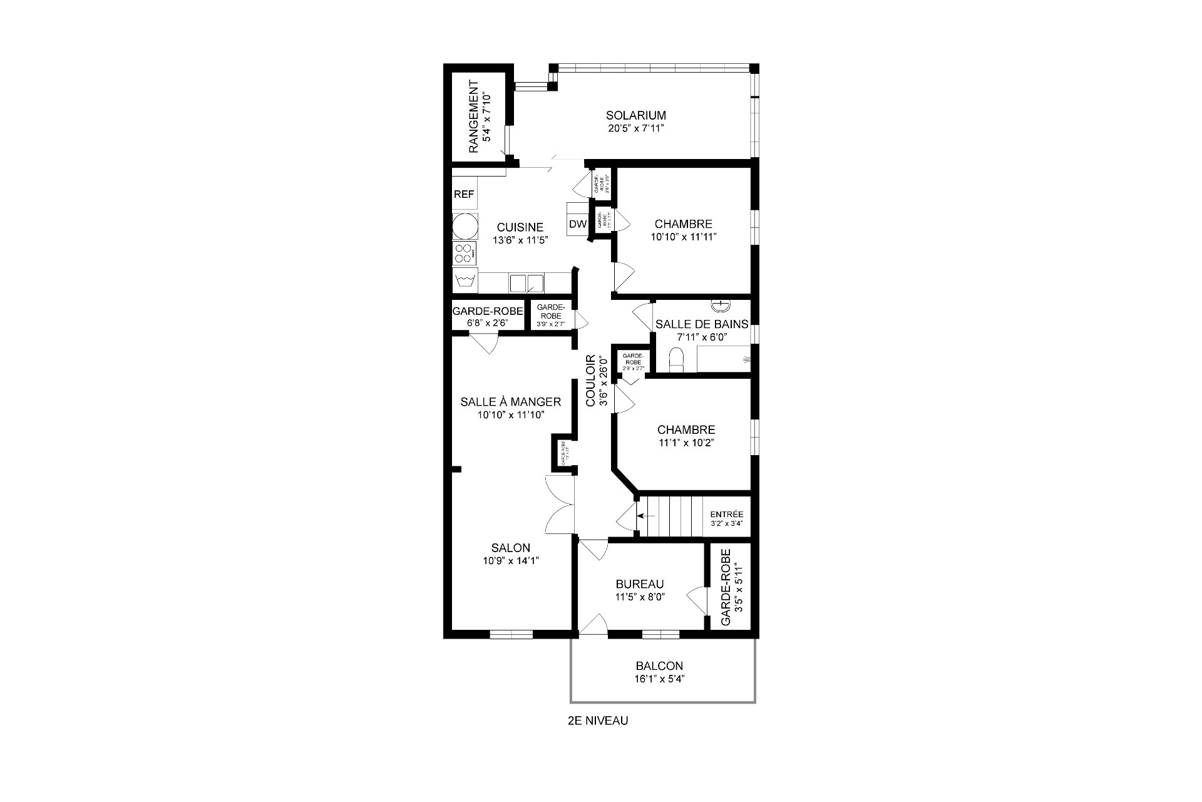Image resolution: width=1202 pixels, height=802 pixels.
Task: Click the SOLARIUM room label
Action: pos(635,115)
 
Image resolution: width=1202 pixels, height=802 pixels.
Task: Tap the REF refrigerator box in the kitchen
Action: pos(464,195)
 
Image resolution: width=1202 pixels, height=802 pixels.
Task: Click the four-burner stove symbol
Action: pos(465,254)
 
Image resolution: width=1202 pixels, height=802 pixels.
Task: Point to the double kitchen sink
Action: pos(526,283)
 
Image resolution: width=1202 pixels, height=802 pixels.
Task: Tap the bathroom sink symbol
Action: pos(721,306)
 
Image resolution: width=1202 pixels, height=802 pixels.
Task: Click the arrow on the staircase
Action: pos(645,516)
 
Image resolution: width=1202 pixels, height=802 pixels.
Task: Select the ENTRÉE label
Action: pos(726,514)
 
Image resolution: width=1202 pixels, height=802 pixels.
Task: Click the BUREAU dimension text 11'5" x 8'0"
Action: pos(639,597)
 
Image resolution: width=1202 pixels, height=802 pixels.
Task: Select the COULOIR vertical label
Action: pos(590,381)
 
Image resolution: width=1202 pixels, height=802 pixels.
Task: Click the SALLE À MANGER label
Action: pos(510,402)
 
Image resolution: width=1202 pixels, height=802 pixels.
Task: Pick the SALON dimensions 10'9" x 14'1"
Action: pos(511,561)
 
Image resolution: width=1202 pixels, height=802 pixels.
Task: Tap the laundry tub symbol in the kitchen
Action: pos(465,282)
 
